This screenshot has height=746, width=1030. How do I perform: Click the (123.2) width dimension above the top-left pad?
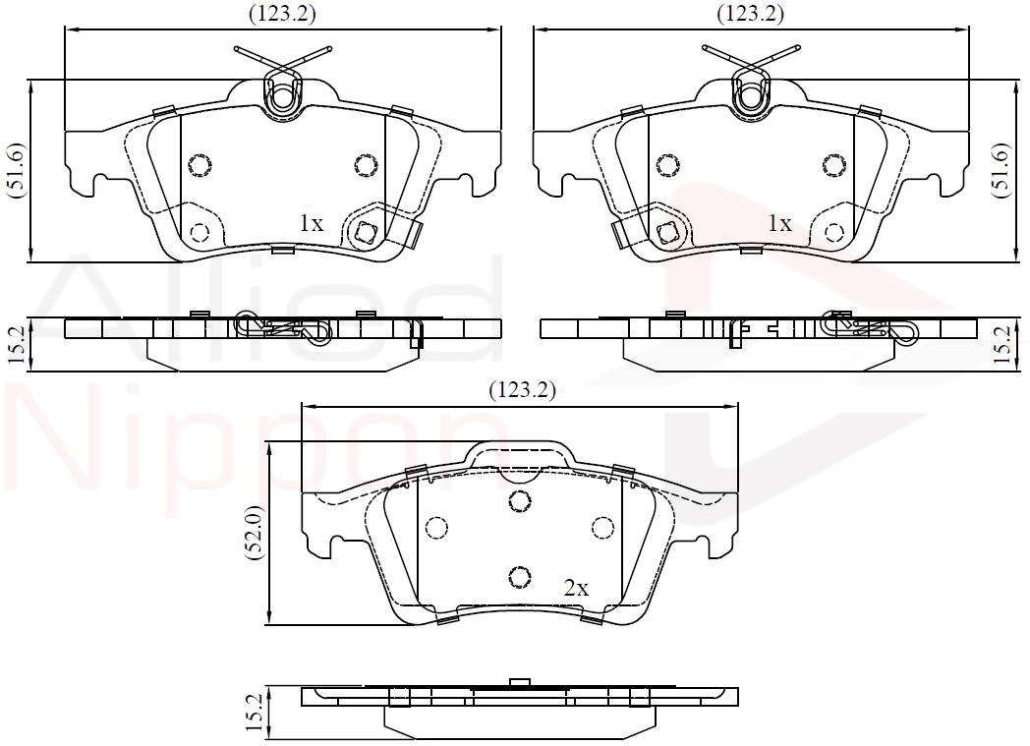click(x=282, y=14)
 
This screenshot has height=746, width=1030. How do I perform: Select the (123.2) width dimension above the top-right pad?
click(x=750, y=14)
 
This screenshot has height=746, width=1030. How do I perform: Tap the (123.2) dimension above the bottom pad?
click(x=522, y=391)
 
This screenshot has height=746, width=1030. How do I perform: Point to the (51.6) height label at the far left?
click(x=17, y=170)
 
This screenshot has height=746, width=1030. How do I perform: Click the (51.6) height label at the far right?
click(x=1001, y=170)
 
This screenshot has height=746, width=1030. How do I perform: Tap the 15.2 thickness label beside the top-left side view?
click(x=17, y=346)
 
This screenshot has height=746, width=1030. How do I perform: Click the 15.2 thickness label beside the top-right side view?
click(x=1002, y=346)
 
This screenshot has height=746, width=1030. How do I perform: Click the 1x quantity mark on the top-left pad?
click(x=312, y=224)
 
